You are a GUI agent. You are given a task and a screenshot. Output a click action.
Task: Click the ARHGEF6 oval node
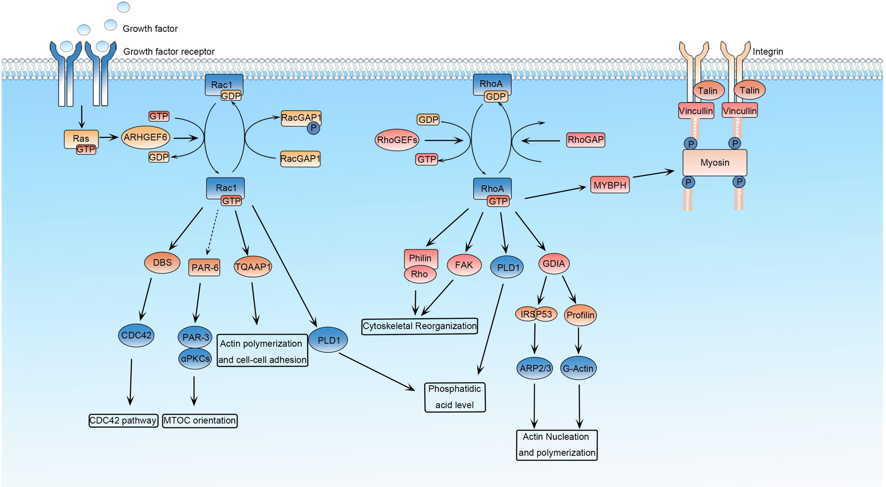coord(145,137)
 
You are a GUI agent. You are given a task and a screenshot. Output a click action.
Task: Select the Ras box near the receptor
coord(81,139)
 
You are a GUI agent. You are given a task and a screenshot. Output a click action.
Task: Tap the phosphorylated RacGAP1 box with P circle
coord(301,118)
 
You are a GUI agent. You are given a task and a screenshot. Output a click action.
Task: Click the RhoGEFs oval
coord(397,140)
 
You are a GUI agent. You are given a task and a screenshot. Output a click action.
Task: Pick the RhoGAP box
coord(585,140)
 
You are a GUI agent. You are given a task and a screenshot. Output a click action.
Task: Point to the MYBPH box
coord(609,185)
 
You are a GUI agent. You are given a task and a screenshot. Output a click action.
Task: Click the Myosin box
coord(714,162)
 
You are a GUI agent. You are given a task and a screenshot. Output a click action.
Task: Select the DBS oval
coord(162,263)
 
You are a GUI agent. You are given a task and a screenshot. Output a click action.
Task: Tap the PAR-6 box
coord(204,268)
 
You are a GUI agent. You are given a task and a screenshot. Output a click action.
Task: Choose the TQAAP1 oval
coord(253,267)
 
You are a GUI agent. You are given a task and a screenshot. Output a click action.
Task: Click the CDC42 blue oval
coord(136,335)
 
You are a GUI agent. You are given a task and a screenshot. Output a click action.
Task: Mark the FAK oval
coord(464,265)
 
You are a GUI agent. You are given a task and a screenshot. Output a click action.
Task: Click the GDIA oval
coord(554,264)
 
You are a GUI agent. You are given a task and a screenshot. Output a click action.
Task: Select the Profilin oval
coord(580,315)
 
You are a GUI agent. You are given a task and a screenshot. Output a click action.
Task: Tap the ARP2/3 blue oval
coord(535,368)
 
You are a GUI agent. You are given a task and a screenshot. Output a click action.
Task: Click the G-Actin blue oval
coord(578,368)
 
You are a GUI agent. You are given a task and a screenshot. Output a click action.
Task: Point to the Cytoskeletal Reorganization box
coord(419,326)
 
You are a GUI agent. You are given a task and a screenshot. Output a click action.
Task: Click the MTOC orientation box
coord(199,421)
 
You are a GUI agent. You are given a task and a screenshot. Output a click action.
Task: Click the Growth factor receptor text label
coord(168,52)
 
